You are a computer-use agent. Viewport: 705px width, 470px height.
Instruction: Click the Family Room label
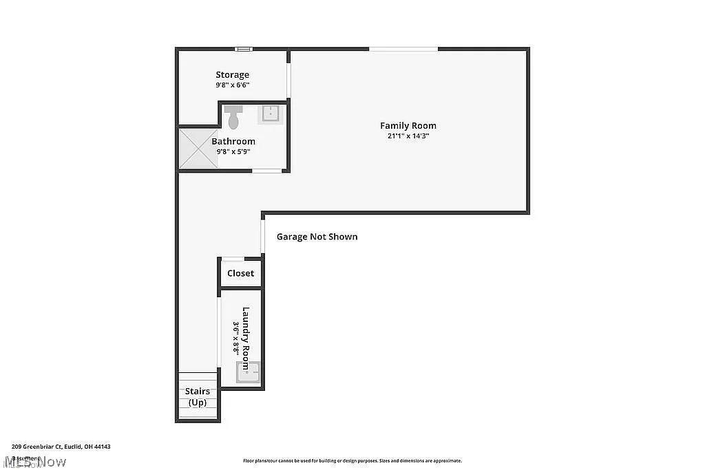tap(408, 125)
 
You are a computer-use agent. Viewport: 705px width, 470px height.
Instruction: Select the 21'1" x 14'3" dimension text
tap(408, 136)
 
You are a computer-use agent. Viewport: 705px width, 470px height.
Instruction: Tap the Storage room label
tap(232, 74)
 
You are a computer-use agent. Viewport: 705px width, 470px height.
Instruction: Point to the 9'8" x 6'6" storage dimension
tap(232, 85)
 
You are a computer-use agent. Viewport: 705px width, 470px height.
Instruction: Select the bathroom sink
tap(271, 114)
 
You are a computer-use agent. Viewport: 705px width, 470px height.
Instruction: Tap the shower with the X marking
tap(198, 149)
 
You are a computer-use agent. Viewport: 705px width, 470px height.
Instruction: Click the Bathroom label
tap(233, 141)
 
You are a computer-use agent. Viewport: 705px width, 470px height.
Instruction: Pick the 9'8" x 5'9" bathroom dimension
tap(233, 151)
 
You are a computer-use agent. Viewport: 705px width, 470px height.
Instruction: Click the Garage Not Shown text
tap(317, 237)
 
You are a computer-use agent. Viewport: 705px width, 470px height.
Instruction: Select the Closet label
tap(240, 273)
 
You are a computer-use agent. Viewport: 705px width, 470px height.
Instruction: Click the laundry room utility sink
tap(247, 372)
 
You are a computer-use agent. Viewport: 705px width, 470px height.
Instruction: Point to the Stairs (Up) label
tap(198, 396)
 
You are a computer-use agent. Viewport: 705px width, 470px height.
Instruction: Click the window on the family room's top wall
tap(403, 49)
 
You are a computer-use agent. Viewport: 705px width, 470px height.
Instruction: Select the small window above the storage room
tap(243, 49)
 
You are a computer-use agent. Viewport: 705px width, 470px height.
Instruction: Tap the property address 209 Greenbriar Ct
tap(61, 447)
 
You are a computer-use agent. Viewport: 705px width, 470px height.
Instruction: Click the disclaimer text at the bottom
tap(352, 461)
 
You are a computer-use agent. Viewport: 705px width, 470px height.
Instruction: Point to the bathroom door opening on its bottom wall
tap(266, 171)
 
